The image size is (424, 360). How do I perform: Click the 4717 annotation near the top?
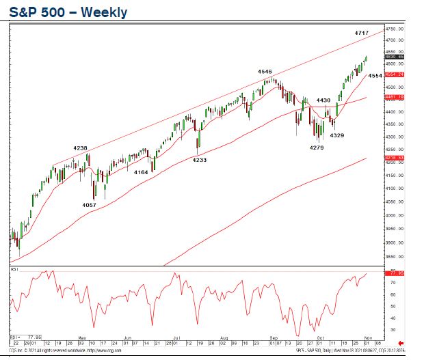[x=362, y=33]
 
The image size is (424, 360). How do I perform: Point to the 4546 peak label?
[x=265, y=71]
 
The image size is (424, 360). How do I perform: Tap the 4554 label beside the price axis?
[x=375, y=77]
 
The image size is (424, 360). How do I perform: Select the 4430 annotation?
[x=324, y=100]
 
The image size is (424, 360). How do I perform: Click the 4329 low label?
[x=337, y=136]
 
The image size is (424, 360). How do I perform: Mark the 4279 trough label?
[x=316, y=148]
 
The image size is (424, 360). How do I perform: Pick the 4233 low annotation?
[x=199, y=160]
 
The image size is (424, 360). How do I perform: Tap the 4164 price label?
[x=141, y=172]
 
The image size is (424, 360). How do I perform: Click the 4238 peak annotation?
[x=81, y=148]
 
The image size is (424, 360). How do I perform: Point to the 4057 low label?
[x=89, y=205]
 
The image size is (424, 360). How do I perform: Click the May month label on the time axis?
[x=81, y=337]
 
